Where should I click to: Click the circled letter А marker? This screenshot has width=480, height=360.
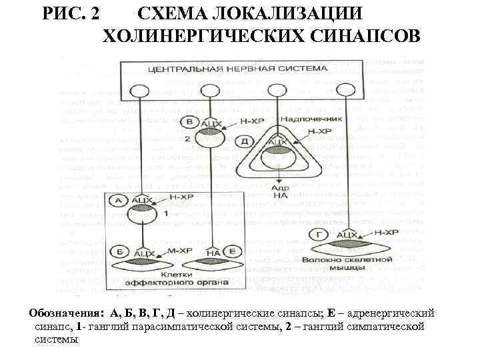tap(120, 199)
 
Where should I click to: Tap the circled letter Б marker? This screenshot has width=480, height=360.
tap(120, 251)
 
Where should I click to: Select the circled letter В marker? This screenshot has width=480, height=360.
tap(190, 123)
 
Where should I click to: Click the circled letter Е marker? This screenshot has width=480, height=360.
tap(232, 251)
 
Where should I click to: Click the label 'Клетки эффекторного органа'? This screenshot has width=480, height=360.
tap(177, 278)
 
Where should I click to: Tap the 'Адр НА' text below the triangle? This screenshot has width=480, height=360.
tap(279, 192)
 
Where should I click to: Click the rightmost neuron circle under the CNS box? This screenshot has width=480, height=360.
tap(344, 91)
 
